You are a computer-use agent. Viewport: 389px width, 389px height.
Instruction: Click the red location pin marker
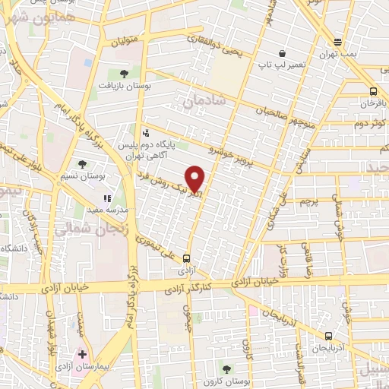(x=196, y=179)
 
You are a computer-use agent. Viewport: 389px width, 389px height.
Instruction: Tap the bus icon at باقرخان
(x=369, y=89)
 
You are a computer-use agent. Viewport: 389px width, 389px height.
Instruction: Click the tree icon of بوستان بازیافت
(x=124, y=74)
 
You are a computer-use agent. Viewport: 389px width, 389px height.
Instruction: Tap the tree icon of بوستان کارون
(x=225, y=368)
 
